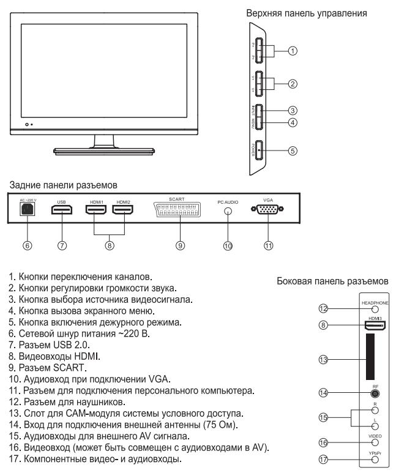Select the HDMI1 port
pos(96,209)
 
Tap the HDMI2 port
pos(124,209)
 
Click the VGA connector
pos(267,209)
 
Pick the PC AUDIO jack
pos(228,210)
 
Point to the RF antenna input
pos(373,395)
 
